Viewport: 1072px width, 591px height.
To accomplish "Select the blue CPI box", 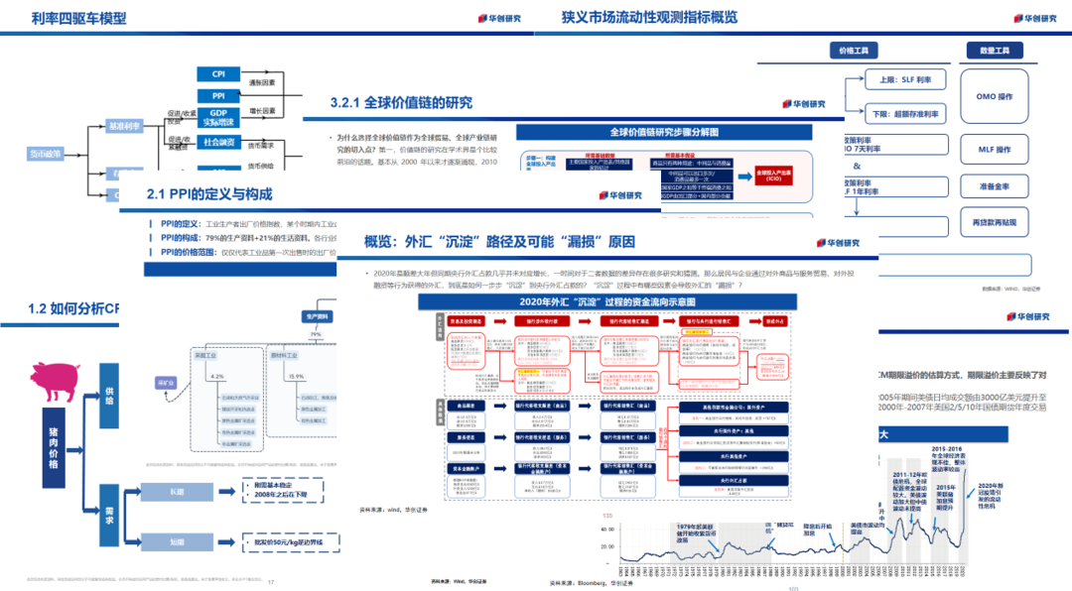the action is pos(217,74).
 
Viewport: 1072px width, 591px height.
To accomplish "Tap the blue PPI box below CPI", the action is pos(217,95).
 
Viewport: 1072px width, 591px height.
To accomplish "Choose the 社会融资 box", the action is pos(217,142).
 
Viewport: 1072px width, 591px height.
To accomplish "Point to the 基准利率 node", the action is pos(125,126).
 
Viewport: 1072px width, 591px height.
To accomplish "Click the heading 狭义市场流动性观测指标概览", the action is pos(649,18).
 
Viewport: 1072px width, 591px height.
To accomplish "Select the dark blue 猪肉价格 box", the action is pos(53,447).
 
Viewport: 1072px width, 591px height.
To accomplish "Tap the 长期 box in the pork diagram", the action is pos(177,492).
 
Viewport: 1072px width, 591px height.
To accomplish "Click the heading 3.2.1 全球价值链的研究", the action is pos(402,103).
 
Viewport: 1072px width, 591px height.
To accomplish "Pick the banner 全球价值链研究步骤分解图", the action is pos(663,132).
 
